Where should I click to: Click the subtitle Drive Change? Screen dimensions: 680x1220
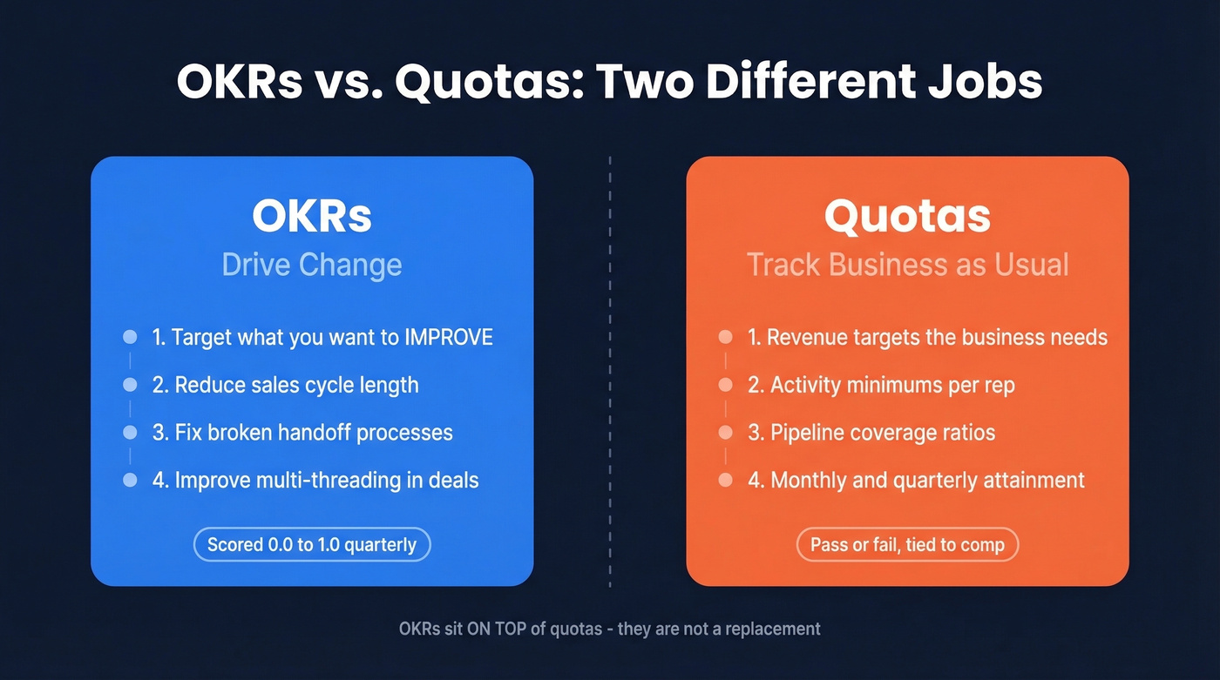pyautogui.click(x=312, y=265)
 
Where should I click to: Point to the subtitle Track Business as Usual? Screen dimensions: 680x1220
pyautogui.click(x=907, y=265)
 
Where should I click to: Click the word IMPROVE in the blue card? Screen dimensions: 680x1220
pyautogui.click(x=449, y=337)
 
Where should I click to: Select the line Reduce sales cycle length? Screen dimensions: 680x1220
pyautogui.click(x=296, y=385)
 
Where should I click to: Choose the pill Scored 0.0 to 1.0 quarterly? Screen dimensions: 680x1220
pyautogui.click(x=312, y=545)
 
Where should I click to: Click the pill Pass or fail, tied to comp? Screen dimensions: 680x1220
pyautogui.click(x=907, y=545)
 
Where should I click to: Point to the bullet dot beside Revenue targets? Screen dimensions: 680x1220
pyautogui.click(x=725, y=337)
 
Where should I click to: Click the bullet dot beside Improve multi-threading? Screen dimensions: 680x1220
pyautogui.click(x=130, y=480)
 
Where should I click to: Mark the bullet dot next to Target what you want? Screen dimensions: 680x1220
pyautogui.click(x=130, y=337)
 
